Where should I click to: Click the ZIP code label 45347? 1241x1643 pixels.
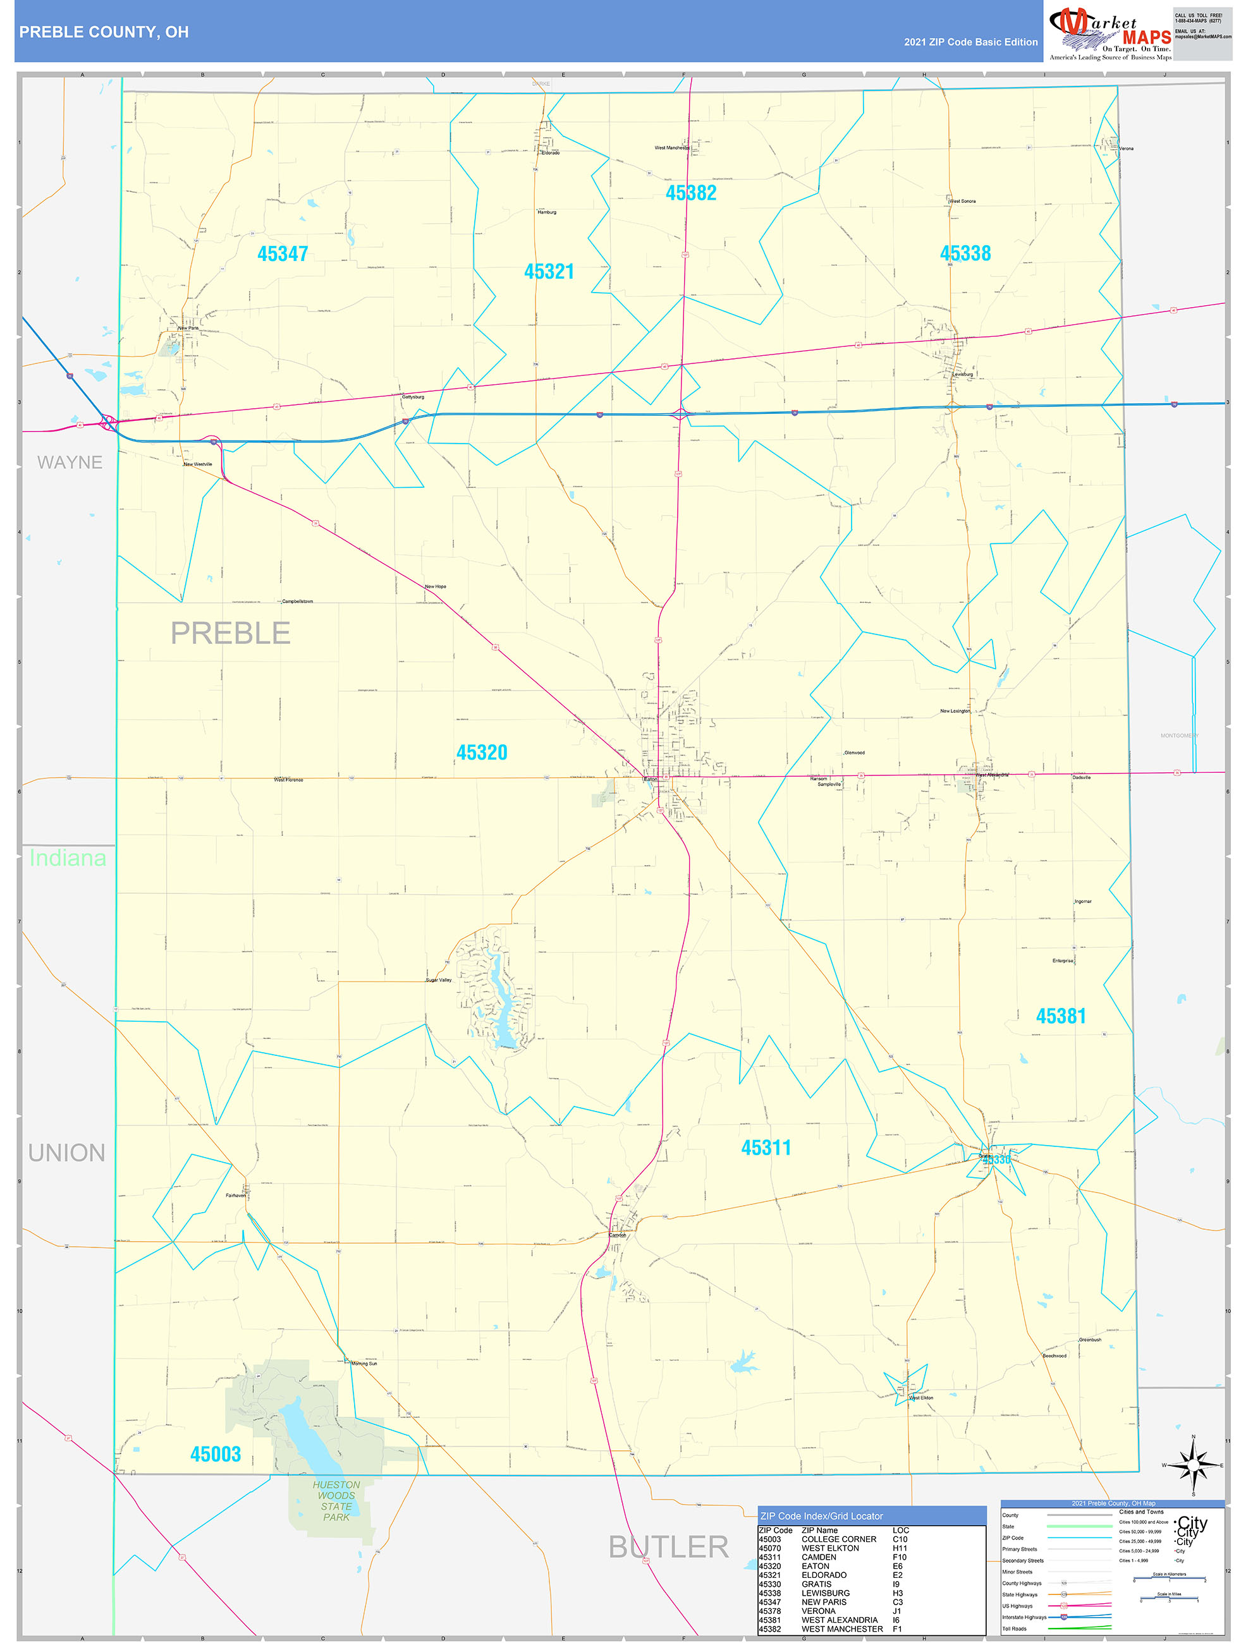[x=283, y=254]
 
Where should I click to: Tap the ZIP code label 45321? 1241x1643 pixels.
[x=549, y=272]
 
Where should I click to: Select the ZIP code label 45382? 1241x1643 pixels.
[x=691, y=193]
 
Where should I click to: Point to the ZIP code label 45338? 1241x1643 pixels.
[x=965, y=253]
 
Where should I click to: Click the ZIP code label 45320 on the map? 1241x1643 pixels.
[x=482, y=753]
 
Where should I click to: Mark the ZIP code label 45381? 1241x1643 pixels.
[x=1060, y=1016]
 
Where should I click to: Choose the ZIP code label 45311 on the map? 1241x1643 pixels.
[x=766, y=1148]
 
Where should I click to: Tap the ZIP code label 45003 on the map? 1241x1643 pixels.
[x=216, y=1453]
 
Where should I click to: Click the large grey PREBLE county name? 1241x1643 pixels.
[x=230, y=633]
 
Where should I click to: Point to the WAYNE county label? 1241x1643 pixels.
[x=70, y=462]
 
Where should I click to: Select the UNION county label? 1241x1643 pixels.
[x=67, y=1153]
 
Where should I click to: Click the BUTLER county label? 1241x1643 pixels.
[x=668, y=1546]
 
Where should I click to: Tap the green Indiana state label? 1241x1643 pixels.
[x=68, y=858]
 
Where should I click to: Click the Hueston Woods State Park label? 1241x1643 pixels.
[x=336, y=1500]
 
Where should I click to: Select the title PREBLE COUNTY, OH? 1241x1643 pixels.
[x=104, y=32]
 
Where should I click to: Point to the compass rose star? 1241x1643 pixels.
[x=1193, y=1465]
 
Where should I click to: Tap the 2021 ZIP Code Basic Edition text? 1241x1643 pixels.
[x=970, y=42]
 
